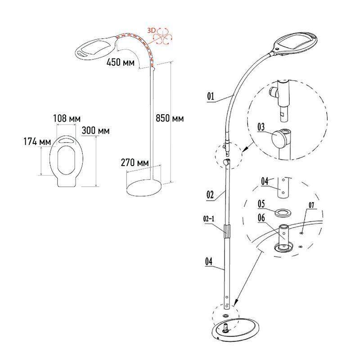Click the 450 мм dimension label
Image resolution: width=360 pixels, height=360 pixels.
(x=121, y=62)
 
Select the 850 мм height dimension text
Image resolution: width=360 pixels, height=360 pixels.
(x=170, y=118)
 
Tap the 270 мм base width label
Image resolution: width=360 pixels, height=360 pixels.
(x=135, y=163)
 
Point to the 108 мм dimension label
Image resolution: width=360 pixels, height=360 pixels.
(x=67, y=119)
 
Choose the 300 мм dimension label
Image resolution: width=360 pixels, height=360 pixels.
(x=95, y=130)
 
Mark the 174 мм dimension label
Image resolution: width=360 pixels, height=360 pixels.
(x=37, y=141)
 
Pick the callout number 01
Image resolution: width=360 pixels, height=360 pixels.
(x=211, y=96)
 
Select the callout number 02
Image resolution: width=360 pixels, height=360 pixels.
(x=210, y=195)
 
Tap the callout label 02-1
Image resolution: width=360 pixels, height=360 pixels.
(x=209, y=219)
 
